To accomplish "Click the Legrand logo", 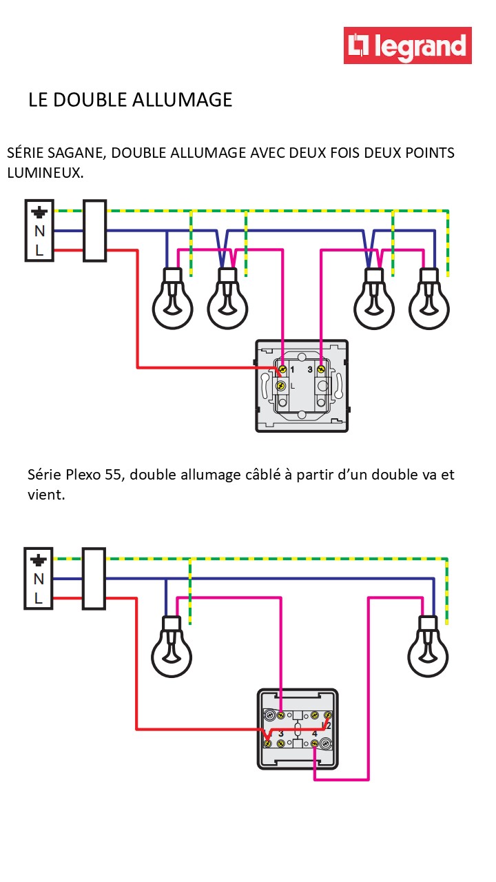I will pyautogui.click(x=408, y=45).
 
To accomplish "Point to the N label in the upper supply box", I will pyautogui.click(x=39, y=232).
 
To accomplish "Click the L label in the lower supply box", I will pyautogui.click(x=39, y=599).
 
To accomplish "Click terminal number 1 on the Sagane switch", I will pyautogui.click(x=293, y=370).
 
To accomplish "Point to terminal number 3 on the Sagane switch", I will pyautogui.click(x=310, y=370).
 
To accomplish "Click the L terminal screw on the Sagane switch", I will pyautogui.click(x=281, y=386).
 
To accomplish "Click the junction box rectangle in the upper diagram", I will pyautogui.click(x=94, y=231).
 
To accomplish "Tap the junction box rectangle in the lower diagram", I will pyautogui.click(x=94, y=579).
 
